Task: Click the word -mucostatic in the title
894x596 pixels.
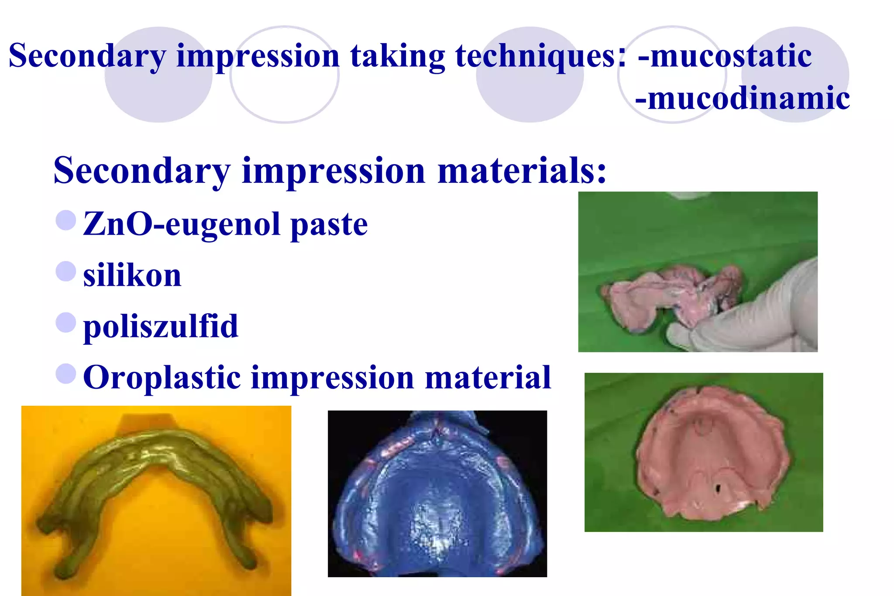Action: (x=725, y=56)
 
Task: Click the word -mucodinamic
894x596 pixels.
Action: (x=742, y=98)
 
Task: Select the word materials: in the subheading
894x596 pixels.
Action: (x=522, y=171)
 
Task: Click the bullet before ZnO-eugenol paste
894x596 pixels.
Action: (x=66, y=220)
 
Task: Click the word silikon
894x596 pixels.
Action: (x=132, y=276)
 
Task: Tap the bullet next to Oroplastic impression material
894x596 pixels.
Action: (x=66, y=374)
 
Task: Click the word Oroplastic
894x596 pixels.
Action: (x=162, y=378)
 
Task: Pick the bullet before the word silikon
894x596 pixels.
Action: (x=66, y=271)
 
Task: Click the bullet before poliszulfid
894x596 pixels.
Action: (x=66, y=323)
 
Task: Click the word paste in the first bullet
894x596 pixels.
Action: (x=329, y=225)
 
